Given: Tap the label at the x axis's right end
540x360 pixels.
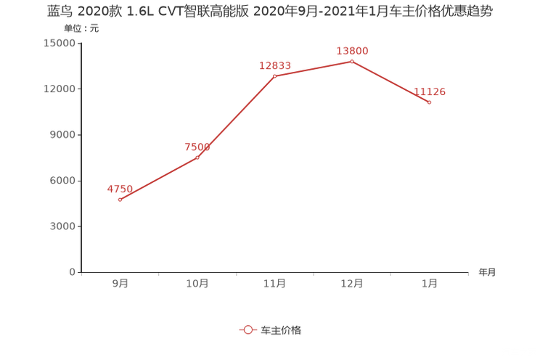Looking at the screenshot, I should click(x=487, y=273).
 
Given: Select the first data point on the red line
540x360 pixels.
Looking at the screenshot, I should click(x=120, y=200).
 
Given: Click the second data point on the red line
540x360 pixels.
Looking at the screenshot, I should click(x=197, y=157).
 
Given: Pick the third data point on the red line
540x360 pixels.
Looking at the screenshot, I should click(x=274, y=75).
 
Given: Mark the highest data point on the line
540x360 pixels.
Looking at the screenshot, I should click(x=352, y=62).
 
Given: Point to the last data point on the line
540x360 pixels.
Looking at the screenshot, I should click(x=430, y=102).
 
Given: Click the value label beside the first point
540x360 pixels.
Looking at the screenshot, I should click(x=120, y=189).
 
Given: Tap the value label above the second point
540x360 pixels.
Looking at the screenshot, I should click(x=197, y=147).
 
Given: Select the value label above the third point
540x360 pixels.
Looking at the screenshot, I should click(x=275, y=65).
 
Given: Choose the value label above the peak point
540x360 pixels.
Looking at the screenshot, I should click(x=352, y=51).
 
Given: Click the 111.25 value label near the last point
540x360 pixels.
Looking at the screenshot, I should click(x=430, y=92).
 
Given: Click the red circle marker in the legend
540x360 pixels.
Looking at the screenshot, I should click(x=248, y=330).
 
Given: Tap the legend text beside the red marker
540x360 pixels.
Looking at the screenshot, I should click(x=280, y=330).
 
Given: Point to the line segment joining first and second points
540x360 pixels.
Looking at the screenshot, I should click(x=158, y=179).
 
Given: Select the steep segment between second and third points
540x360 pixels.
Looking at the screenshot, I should click(x=236, y=116).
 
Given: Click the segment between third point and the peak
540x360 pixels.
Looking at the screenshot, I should click(x=313, y=69).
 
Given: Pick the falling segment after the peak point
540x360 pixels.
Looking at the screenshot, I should click(x=390, y=82).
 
